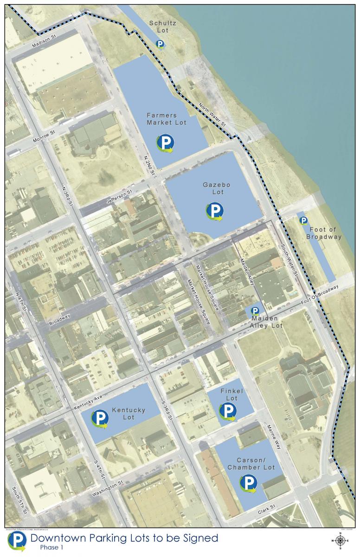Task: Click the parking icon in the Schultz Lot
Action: [160, 45]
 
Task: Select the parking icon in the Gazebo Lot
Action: [214, 211]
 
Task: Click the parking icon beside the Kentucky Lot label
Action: [99, 419]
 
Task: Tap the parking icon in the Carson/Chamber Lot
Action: [249, 483]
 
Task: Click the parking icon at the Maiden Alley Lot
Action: [255, 311]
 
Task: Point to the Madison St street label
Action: [44, 44]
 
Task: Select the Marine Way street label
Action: [274, 437]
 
